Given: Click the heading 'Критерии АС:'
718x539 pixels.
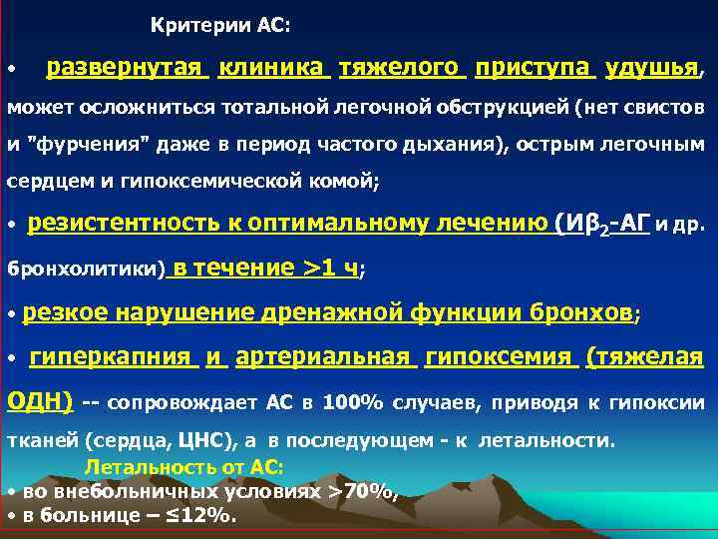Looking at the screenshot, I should [x=221, y=23].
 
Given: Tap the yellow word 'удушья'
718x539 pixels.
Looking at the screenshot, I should [x=652, y=69].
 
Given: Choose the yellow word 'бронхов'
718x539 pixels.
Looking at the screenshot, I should [x=582, y=312].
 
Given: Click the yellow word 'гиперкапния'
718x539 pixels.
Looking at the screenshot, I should [x=110, y=356].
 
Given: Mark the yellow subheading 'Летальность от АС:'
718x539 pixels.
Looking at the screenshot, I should [x=184, y=466].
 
